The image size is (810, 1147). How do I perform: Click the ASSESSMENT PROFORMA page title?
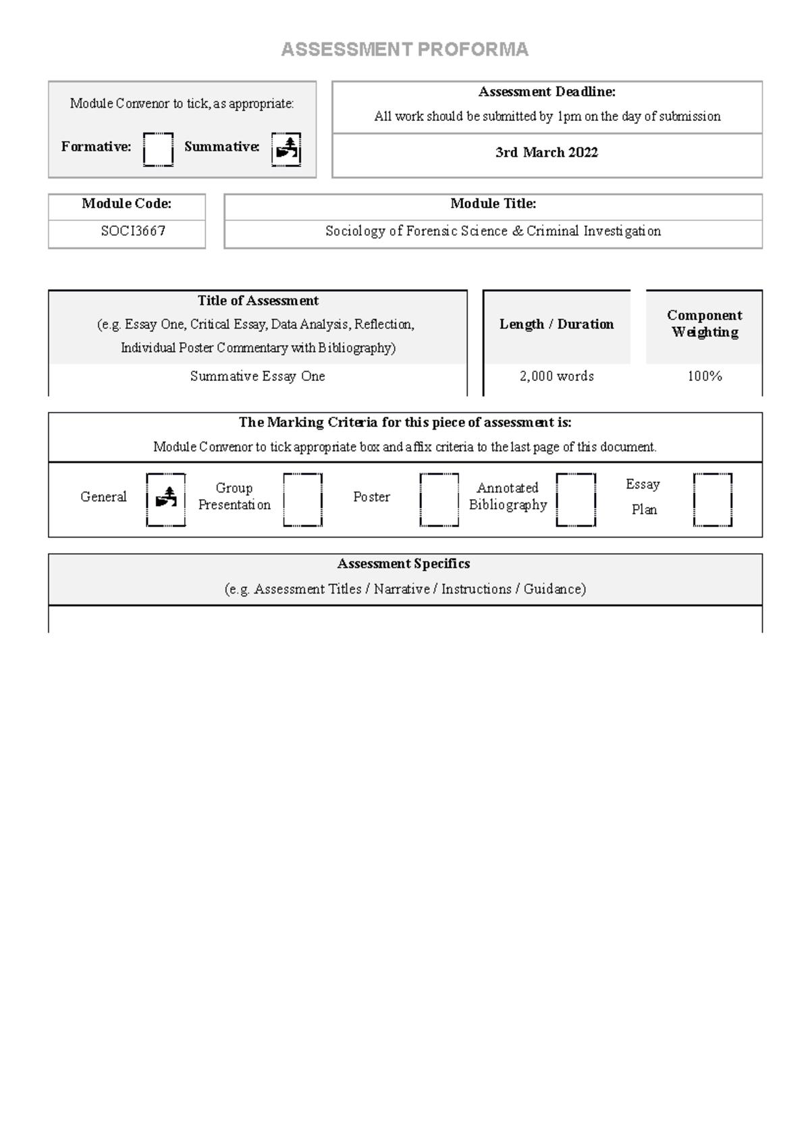(404, 49)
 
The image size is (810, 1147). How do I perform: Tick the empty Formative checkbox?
(158, 149)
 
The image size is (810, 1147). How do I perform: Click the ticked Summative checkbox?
(286, 149)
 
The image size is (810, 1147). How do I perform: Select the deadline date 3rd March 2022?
(547, 153)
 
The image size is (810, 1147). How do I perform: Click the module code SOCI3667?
(133, 231)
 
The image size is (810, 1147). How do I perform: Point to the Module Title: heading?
(493, 203)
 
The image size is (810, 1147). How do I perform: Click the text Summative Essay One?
(257, 376)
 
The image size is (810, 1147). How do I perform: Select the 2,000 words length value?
(557, 376)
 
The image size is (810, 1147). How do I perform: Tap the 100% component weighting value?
(704, 376)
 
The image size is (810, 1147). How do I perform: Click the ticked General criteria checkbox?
(166, 500)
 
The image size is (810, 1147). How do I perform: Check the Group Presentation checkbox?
(302, 500)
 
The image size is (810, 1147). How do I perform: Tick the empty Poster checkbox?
(439, 500)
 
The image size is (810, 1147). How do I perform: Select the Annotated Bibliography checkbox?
(576, 500)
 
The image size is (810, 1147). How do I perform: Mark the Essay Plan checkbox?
(713, 500)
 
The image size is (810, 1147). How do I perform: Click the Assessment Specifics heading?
(404, 563)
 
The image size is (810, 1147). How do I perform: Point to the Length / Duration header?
(556, 324)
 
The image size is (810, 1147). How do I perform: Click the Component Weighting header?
(704, 324)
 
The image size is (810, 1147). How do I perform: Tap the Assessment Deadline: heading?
(547, 92)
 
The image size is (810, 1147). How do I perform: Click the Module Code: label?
(126, 203)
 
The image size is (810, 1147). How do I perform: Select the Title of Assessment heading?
(258, 301)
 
